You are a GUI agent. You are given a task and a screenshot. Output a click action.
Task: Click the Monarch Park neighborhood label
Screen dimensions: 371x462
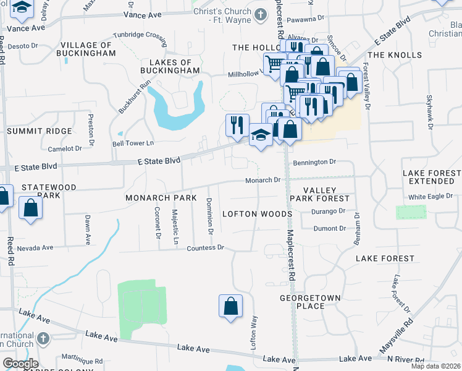161,198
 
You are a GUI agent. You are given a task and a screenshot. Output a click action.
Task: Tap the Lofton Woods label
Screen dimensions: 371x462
256,214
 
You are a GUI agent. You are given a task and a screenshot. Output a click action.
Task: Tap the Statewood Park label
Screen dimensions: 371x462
49,190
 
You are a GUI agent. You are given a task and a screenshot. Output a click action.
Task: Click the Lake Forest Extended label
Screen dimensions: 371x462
432,177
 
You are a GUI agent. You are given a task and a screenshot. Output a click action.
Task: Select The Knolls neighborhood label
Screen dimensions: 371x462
396,55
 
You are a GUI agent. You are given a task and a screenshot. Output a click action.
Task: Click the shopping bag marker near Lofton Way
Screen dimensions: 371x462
230,306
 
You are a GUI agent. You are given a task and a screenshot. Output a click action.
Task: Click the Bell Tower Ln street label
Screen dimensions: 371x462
133,143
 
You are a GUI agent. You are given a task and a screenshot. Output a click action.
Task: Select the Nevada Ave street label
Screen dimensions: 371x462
35,248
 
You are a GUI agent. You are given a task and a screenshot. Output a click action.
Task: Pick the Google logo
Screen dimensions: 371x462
20,364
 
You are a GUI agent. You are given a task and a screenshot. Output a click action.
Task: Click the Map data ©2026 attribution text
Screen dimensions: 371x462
436,366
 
